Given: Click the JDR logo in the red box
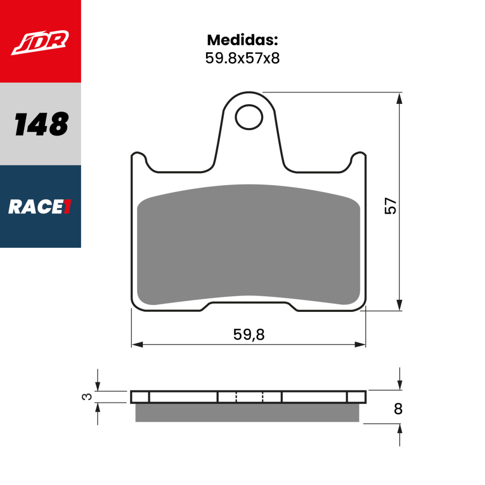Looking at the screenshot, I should coord(40,43).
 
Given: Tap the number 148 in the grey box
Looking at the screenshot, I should coord(41,124).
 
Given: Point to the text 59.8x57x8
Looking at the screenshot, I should coord(242,58).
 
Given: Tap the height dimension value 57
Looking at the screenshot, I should coord(391,206).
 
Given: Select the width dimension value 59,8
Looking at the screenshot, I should coord(249,335).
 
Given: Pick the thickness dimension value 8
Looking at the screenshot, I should coord(398,409).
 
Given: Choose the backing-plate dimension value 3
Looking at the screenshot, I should coord(87,397).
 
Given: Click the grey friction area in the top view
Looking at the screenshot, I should coord(248,245).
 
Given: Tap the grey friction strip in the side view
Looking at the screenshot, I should coord(247,413).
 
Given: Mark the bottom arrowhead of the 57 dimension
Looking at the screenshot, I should coord(399,305).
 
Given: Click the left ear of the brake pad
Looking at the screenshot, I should coord(139,160).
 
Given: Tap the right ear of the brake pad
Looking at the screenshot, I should coord(358,160).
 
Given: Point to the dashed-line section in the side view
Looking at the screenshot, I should coord(249,397).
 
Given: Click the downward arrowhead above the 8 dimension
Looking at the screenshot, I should coord(399,385).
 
